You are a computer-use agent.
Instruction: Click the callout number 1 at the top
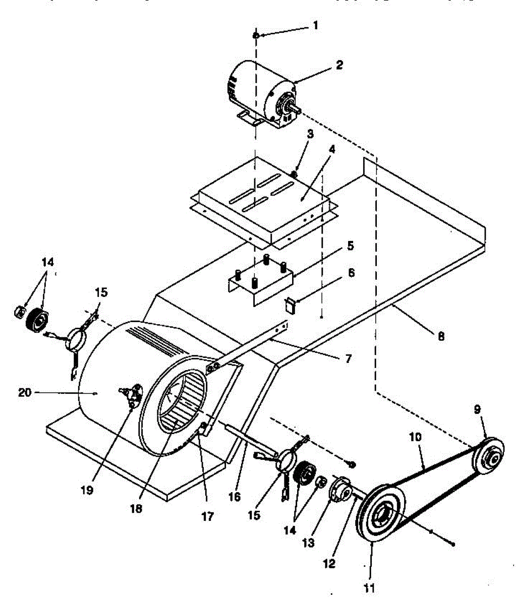[316, 24]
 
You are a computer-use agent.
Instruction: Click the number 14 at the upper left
[47, 262]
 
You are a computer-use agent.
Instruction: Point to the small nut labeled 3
[294, 174]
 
